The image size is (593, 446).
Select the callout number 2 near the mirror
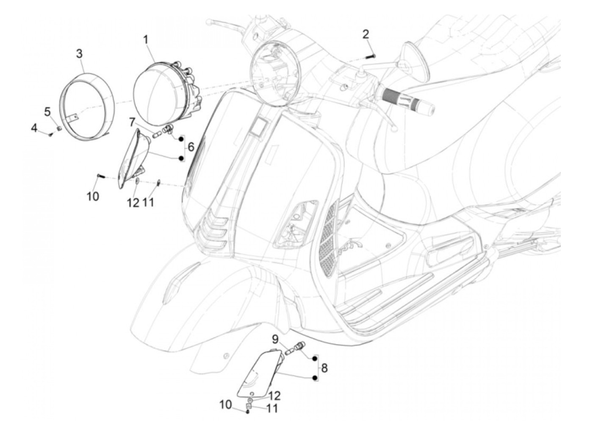(366, 33)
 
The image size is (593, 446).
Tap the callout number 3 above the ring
(79, 54)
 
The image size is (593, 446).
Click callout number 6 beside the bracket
(191, 147)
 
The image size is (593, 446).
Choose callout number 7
(132, 123)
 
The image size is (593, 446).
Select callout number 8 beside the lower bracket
(324, 368)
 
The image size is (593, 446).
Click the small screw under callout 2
(372, 56)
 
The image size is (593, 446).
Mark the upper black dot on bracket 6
(182, 138)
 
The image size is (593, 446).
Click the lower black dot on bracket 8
(315, 378)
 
